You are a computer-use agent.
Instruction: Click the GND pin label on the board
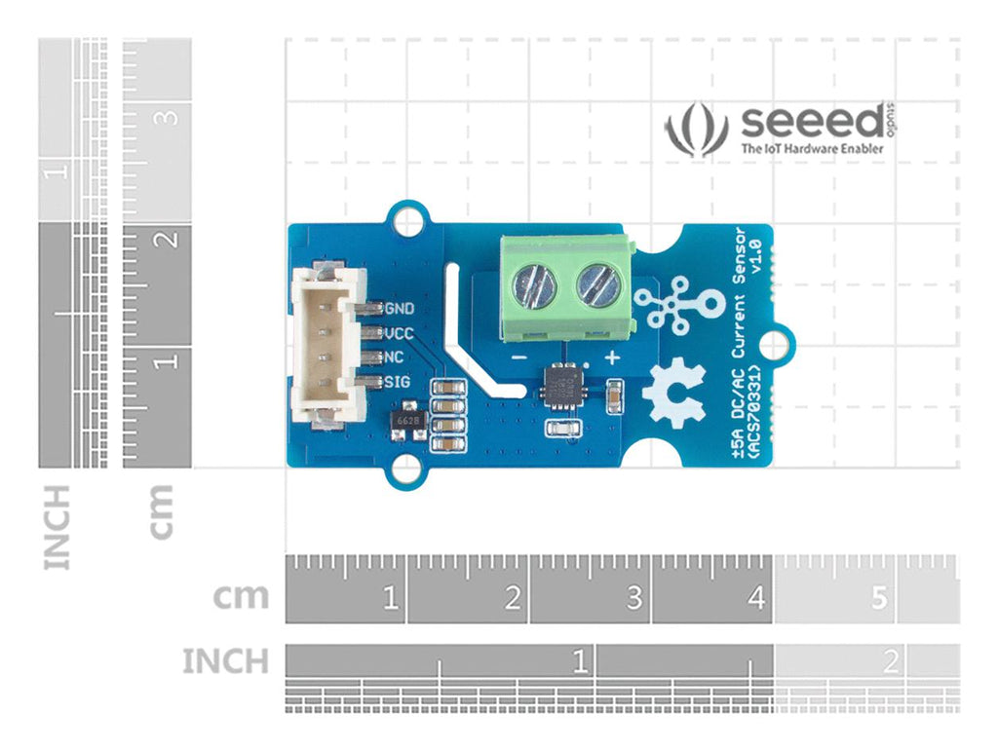[x=401, y=309]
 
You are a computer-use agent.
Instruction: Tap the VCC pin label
[x=401, y=333]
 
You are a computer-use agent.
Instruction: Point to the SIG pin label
[x=397, y=381]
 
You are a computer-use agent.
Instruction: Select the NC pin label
[x=395, y=357]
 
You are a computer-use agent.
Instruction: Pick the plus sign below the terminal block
[x=612, y=357]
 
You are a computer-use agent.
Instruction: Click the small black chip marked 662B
[x=409, y=420]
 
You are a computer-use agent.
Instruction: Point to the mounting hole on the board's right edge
[x=775, y=345]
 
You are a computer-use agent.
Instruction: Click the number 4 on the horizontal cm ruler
[x=756, y=598]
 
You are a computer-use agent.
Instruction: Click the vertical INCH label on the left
[x=58, y=526]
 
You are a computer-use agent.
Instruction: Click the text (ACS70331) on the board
[x=752, y=412]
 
